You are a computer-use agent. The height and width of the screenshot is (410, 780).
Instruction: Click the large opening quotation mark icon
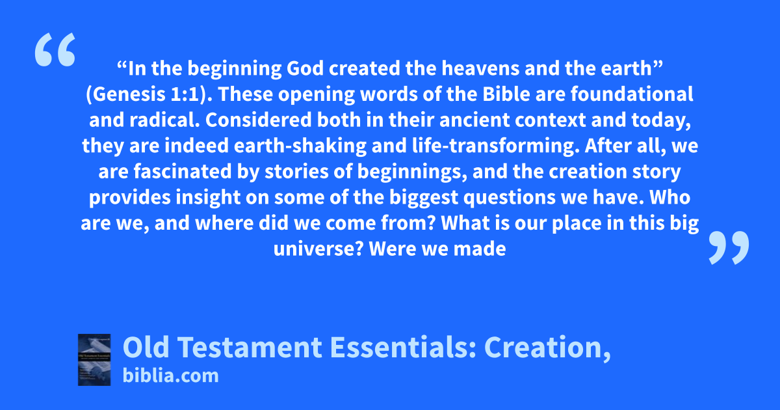click(x=55, y=49)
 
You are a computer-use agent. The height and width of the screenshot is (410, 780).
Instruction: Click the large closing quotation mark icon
click(x=729, y=247)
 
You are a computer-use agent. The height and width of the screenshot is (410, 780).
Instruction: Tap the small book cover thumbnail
click(x=94, y=360)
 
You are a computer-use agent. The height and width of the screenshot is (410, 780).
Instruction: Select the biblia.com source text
click(x=170, y=376)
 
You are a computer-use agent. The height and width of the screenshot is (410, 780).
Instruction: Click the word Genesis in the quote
click(x=129, y=94)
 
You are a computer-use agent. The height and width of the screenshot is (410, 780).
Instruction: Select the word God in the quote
click(x=305, y=68)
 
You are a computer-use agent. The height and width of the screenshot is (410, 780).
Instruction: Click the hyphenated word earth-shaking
click(x=300, y=146)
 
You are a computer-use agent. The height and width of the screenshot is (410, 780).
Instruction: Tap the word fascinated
click(x=183, y=172)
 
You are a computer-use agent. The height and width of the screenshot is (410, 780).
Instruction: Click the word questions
click(x=510, y=198)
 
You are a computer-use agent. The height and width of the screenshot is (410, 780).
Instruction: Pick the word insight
click(x=208, y=197)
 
